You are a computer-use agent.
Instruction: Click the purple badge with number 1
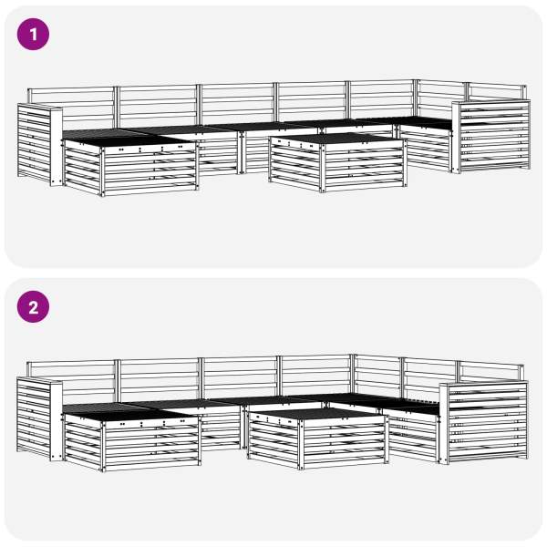click(33, 35)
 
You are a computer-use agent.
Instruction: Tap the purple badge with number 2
click(33, 306)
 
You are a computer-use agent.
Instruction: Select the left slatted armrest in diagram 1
click(40, 144)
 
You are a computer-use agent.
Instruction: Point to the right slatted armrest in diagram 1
click(491, 136)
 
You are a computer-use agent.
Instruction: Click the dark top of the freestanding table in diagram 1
click(337, 139)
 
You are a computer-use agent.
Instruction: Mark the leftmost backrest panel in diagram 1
click(71, 105)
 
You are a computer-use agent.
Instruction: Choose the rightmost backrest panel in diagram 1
click(497, 92)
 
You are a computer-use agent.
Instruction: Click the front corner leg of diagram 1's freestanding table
click(323, 168)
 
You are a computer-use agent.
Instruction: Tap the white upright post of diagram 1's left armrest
click(57, 147)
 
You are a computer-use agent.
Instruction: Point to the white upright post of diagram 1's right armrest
click(456, 137)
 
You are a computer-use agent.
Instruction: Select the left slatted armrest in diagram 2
click(39, 419)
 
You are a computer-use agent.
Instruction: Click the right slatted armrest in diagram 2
click(483, 423)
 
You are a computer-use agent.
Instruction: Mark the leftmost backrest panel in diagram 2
click(71, 379)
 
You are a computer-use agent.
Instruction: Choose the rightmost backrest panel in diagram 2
click(490, 371)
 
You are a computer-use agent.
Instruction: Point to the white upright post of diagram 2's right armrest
click(444, 424)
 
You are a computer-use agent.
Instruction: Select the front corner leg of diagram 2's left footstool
click(102, 447)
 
